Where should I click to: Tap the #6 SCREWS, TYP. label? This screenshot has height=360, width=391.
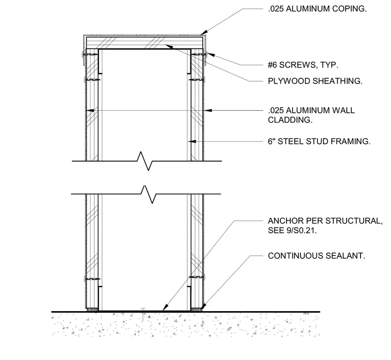(303, 65)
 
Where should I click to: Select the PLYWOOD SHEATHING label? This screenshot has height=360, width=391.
(315, 81)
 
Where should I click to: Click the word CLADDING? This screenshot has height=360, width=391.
(290, 120)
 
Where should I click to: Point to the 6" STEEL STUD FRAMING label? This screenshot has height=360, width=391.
(319, 142)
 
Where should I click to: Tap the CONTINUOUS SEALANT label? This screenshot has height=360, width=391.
(316, 256)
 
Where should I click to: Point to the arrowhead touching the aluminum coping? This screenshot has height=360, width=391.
(204, 32)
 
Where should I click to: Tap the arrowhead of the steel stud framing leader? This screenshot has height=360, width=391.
(192, 142)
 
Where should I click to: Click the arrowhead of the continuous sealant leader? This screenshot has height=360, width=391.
(204, 306)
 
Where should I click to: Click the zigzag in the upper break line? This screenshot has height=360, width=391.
(145, 161)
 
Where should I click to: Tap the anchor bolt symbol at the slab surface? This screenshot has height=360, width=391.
(143, 314)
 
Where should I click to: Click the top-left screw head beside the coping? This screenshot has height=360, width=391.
(82, 55)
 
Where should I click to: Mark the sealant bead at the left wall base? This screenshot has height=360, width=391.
(92, 310)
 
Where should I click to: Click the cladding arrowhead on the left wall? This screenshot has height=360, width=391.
(90, 110)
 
